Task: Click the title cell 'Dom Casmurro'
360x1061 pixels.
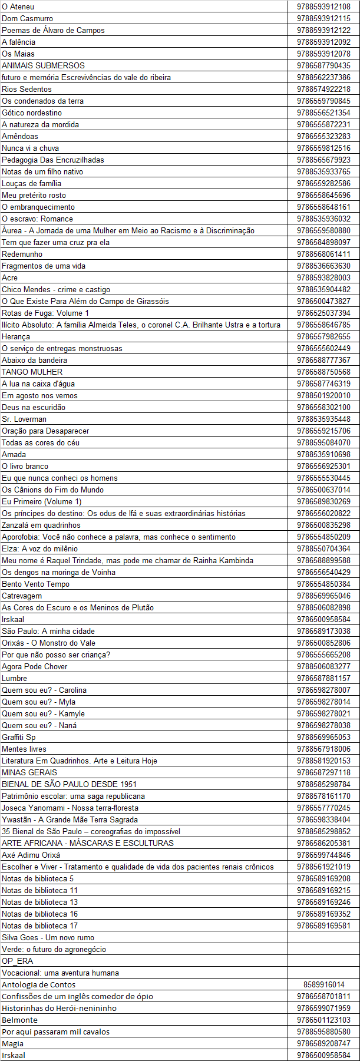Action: pos(27,18)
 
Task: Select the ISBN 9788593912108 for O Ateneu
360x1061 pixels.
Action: pos(323,6)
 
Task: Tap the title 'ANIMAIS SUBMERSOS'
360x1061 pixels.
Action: pos(43,65)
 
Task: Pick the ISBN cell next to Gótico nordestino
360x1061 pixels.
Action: pos(323,113)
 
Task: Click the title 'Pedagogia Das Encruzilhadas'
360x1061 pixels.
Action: pos(52,160)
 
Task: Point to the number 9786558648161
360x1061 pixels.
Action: pos(323,207)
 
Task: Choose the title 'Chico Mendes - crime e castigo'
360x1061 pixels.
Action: pos(56,289)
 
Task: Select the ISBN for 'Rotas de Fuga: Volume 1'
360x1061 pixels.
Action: pos(323,313)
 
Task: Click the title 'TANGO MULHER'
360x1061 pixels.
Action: pos(32,372)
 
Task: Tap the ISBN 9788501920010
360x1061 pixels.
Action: pos(323,395)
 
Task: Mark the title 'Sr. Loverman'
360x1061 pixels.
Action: pos(24,419)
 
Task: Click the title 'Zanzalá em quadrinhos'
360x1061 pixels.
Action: pos(41,525)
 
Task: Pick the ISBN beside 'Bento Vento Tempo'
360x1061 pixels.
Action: pos(323,584)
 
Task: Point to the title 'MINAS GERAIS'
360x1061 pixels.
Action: pos(29,772)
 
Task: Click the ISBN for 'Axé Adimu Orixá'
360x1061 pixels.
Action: pos(323,855)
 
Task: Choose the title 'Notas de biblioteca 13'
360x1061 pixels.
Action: pos(39,902)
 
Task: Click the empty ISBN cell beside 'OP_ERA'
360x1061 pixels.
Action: pos(323,961)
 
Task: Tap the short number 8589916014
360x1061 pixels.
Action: pos(323,984)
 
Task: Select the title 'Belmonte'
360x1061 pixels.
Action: pos(19,1020)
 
